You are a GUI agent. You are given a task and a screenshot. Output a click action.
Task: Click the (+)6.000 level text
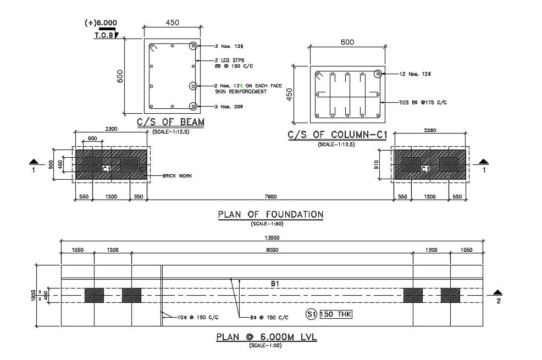(x=101, y=23)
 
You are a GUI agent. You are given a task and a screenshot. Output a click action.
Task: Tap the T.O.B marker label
(x=103, y=35)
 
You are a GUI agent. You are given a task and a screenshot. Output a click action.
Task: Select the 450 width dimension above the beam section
(x=172, y=23)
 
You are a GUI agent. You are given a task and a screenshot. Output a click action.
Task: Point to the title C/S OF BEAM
(x=171, y=122)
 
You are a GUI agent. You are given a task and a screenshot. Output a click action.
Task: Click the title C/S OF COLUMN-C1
(x=337, y=135)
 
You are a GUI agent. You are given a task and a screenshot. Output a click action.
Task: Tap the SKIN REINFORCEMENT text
(x=241, y=92)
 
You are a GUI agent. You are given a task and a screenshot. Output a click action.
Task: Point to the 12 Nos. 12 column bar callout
(x=415, y=74)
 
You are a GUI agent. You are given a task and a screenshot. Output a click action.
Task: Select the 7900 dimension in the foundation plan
(x=270, y=196)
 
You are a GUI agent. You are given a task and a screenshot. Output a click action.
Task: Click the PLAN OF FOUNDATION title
(x=270, y=214)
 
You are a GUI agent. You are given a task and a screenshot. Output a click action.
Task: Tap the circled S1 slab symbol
(x=311, y=314)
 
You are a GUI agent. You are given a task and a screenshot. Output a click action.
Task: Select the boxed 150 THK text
(x=336, y=314)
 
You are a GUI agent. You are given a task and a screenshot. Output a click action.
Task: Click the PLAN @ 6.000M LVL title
(x=266, y=337)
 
